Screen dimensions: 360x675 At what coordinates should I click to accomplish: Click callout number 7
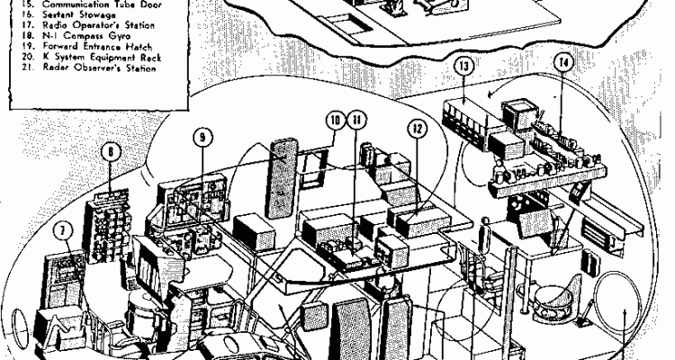[x=63, y=229]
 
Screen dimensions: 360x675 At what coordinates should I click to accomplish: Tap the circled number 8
[x=110, y=152]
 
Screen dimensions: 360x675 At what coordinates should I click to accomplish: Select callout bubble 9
[x=202, y=137]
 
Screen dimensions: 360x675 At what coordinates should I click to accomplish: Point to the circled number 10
[x=335, y=120]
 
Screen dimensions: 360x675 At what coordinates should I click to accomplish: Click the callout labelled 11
[x=358, y=120]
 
